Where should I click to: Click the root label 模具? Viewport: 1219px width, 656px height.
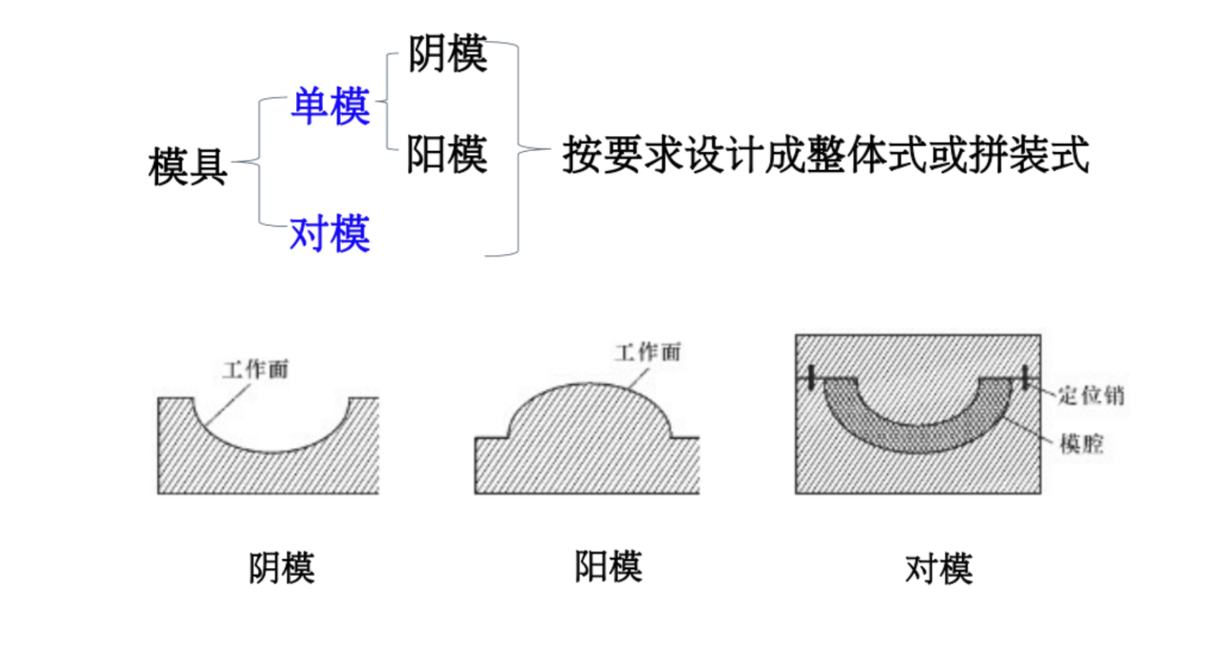point(188,166)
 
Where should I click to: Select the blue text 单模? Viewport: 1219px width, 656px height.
point(330,106)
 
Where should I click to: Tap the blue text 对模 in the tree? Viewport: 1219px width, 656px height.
point(330,234)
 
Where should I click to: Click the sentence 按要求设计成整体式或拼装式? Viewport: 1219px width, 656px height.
point(825,154)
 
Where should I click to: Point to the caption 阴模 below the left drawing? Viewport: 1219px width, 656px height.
point(281,568)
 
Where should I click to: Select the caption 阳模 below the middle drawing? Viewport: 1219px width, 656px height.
point(608,566)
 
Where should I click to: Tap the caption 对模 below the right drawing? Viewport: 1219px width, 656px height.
point(938,569)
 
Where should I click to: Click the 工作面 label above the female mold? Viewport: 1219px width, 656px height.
point(256,369)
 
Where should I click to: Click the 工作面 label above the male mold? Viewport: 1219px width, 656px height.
point(648,352)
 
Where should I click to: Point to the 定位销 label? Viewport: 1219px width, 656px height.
point(1091,395)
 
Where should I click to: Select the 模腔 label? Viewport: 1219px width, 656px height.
point(1082,443)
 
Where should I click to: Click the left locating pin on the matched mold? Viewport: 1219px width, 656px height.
point(810,377)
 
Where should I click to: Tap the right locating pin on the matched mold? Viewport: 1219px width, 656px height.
point(1025,377)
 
